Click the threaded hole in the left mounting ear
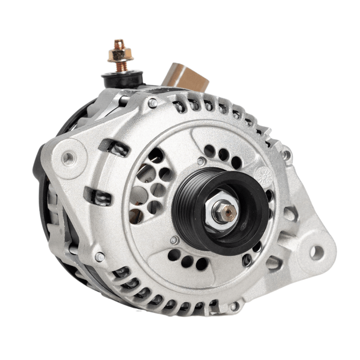pyautogui.click(x=68, y=158)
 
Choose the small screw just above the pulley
pyautogui.click(x=201, y=161)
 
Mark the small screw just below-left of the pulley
pyautogui.click(x=173, y=240)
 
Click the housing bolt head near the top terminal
pyautogui.click(x=152, y=102)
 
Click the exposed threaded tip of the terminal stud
pyautogui.click(x=119, y=43)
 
